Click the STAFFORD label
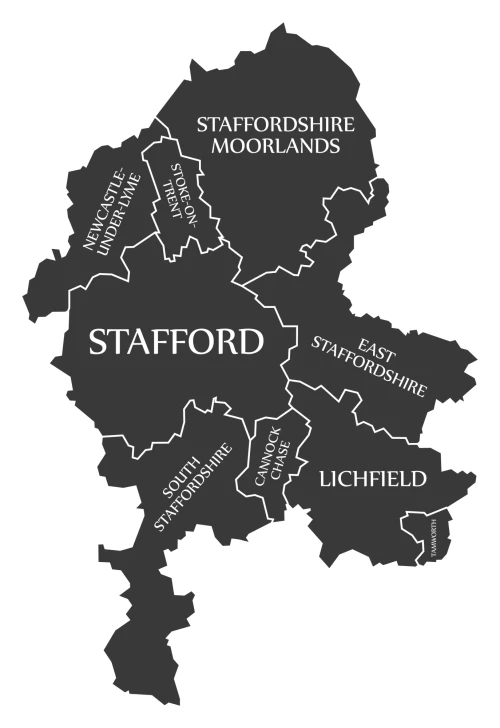(x=177, y=342)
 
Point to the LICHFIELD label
(x=373, y=479)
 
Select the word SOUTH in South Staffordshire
(x=187, y=474)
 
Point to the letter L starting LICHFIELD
(x=325, y=479)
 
